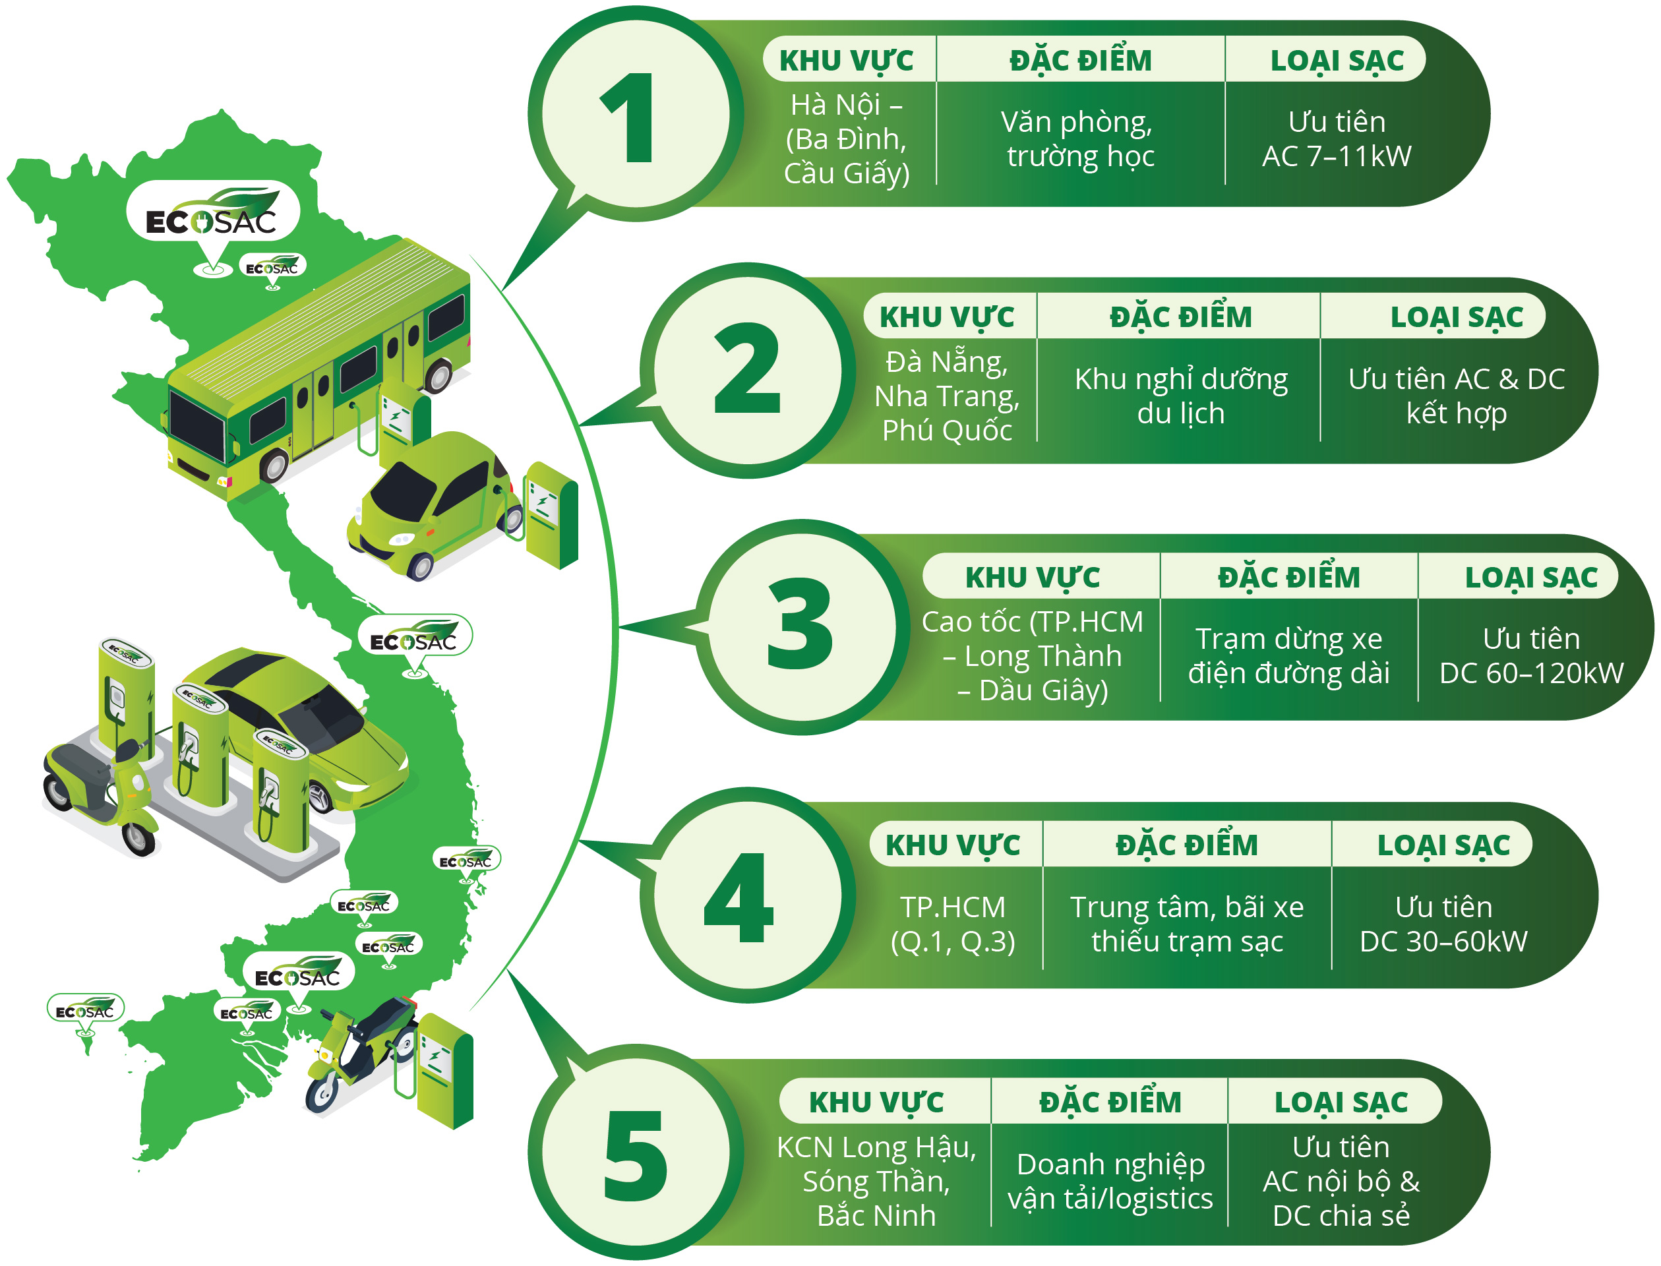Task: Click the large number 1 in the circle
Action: [628, 118]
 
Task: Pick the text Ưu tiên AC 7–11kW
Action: [1336, 138]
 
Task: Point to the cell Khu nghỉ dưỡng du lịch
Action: [1180, 396]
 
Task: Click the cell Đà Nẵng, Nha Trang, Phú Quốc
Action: [947, 396]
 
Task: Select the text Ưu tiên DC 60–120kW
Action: [1530, 655]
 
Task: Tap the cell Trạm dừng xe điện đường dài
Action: [1288, 655]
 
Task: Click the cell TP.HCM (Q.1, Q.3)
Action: [953, 924]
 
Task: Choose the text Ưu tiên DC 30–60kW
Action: [1443, 924]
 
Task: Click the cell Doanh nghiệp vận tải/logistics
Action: [1109, 1181]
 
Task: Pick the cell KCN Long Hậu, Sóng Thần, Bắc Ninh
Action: [876, 1181]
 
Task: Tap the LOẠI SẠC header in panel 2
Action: [1456, 316]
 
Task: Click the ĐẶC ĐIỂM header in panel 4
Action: [1186, 845]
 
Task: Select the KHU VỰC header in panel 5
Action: [876, 1102]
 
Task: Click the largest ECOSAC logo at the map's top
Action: [212, 215]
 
